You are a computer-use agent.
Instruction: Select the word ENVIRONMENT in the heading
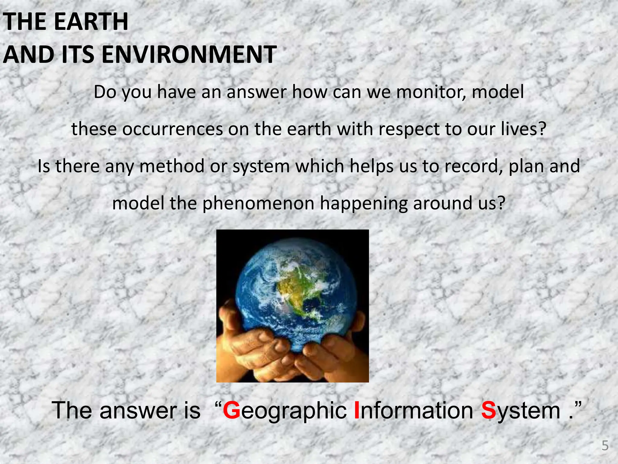[x=189, y=55]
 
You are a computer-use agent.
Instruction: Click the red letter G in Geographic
[x=232, y=410]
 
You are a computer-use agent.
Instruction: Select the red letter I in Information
[x=357, y=410]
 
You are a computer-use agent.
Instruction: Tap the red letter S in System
[x=489, y=410]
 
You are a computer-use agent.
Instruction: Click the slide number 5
[x=605, y=446]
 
